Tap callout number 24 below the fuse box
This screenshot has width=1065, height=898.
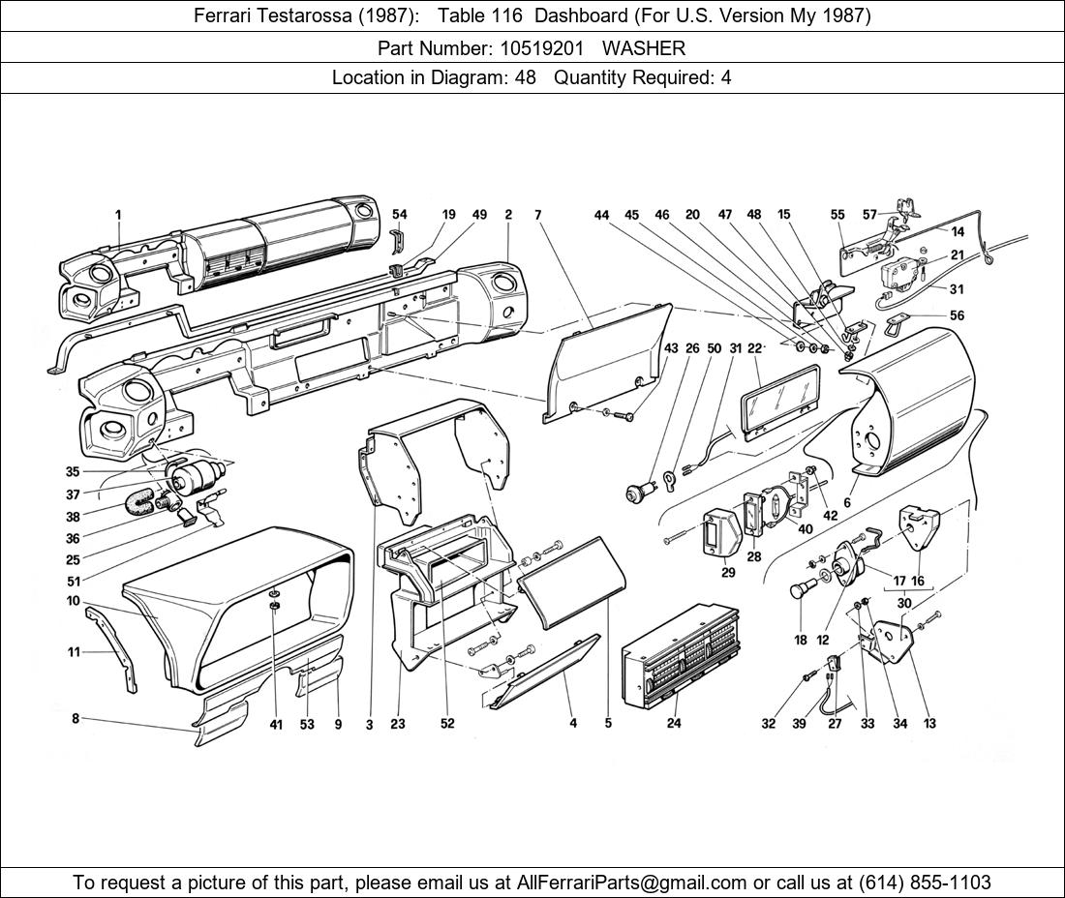674,724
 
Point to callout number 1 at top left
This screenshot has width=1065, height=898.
117,215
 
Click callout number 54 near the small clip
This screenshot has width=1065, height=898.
400,215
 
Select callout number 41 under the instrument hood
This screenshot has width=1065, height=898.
276,725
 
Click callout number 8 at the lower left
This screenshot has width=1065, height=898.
76,718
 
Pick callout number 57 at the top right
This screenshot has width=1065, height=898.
869,215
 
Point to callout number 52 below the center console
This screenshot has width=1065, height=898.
447,725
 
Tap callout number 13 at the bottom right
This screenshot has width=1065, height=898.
929,724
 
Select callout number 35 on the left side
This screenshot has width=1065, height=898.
73,472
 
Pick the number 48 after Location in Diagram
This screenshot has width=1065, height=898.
526,78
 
